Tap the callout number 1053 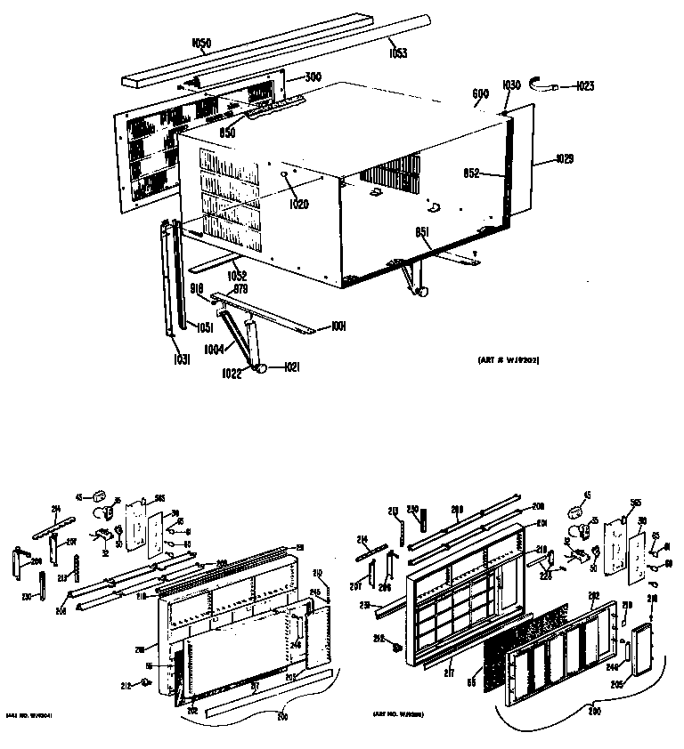coord(398,54)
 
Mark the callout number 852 coord(473,173)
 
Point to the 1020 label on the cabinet coord(298,205)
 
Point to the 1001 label coord(338,327)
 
